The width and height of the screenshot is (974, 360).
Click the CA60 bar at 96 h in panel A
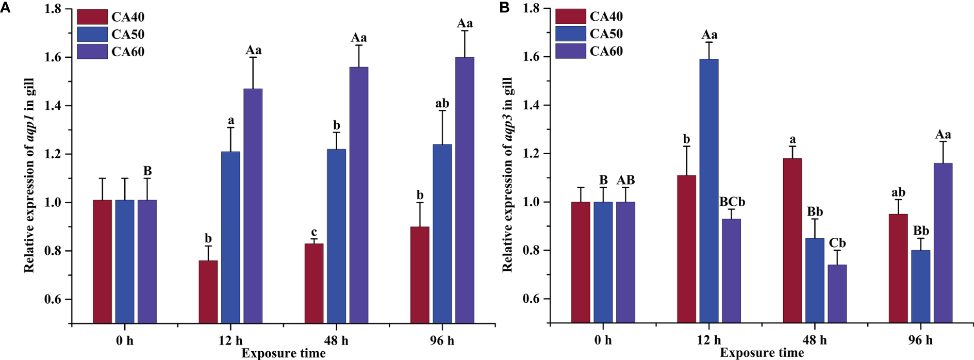tap(465, 191)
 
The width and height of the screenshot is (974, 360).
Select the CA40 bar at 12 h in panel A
tap(208, 292)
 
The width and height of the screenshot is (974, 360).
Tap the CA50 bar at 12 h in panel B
tap(709, 191)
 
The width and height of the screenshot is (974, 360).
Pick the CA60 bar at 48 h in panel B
tap(837, 294)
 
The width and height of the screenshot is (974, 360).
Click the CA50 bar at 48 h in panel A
tap(337, 236)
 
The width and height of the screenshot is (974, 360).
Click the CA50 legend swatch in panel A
tap(92, 35)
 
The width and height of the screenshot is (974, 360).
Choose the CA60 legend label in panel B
tap(606, 51)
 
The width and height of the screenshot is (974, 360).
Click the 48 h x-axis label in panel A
tap(337, 340)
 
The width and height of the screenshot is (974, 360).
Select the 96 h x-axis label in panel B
tap(920, 340)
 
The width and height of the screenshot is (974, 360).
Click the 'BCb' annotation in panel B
tap(732, 202)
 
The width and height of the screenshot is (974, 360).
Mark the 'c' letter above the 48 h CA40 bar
tap(314, 232)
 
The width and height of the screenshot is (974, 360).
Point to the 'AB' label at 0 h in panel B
tap(625, 180)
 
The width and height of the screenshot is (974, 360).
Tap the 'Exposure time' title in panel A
tap(284, 353)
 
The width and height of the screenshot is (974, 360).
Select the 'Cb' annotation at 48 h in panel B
tap(837, 243)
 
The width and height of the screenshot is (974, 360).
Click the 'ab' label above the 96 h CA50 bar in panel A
tap(442, 104)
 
